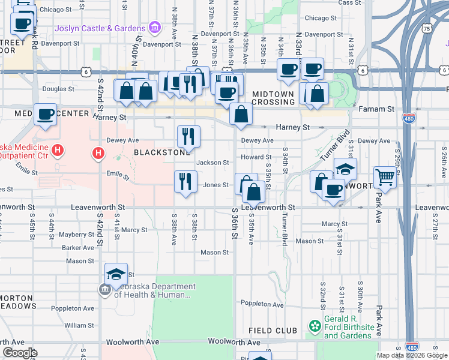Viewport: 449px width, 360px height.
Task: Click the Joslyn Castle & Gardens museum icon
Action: click(x=155, y=28)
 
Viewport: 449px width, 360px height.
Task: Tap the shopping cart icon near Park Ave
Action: click(x=385, y=177)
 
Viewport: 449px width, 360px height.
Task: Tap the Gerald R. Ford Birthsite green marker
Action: click(x=315, y=326)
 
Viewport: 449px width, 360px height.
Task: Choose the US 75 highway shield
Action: click(x=426, y=29)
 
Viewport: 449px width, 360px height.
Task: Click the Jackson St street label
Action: click(x=213, y=163)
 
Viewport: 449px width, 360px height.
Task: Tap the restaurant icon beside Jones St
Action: click(x=185, y=181)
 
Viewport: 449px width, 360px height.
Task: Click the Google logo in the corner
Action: click(x=19, y=353)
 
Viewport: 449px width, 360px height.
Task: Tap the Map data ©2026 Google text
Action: click(x=412, y=355)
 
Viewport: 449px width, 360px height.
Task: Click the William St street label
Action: click(x=79, y=325)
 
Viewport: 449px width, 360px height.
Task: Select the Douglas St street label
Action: click(x=58, y=89)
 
